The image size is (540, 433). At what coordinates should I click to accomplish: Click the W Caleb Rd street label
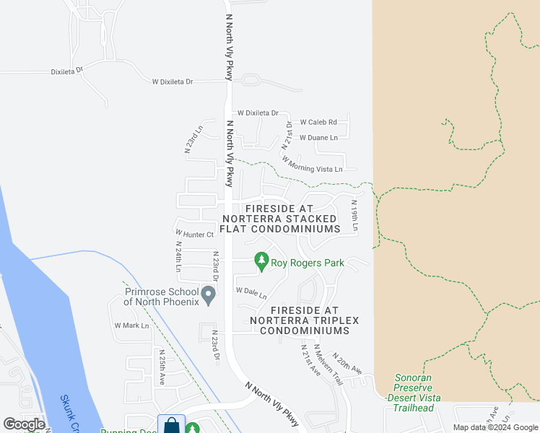(x=318, y=122)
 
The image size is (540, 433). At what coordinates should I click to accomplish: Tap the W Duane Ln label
(x=318, y=137)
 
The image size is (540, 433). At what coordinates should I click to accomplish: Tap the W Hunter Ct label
(x=195, y=234)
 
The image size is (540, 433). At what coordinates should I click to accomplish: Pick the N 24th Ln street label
(x=178, y=256)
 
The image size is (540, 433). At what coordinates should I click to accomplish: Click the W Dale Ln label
(x=251, y=293)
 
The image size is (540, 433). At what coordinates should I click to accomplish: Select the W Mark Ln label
(x=131, y=325)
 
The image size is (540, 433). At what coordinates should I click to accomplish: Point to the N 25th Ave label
(x=162, y=368)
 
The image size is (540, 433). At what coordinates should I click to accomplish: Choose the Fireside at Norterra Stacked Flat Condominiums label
(x=279, y=218)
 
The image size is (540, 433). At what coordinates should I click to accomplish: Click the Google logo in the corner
(x=24, y=424)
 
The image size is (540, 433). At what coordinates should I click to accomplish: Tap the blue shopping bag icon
(x=171, y=424)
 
